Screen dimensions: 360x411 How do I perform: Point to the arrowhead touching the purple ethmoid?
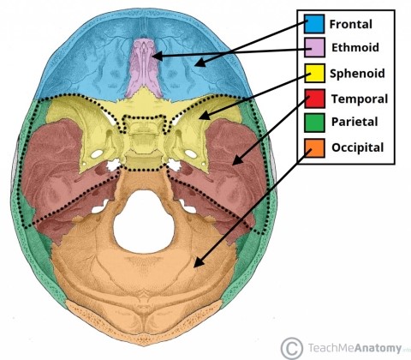click(155, 56)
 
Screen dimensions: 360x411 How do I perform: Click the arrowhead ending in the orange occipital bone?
click(199, 266)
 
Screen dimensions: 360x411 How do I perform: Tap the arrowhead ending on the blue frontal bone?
click(197, 62)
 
